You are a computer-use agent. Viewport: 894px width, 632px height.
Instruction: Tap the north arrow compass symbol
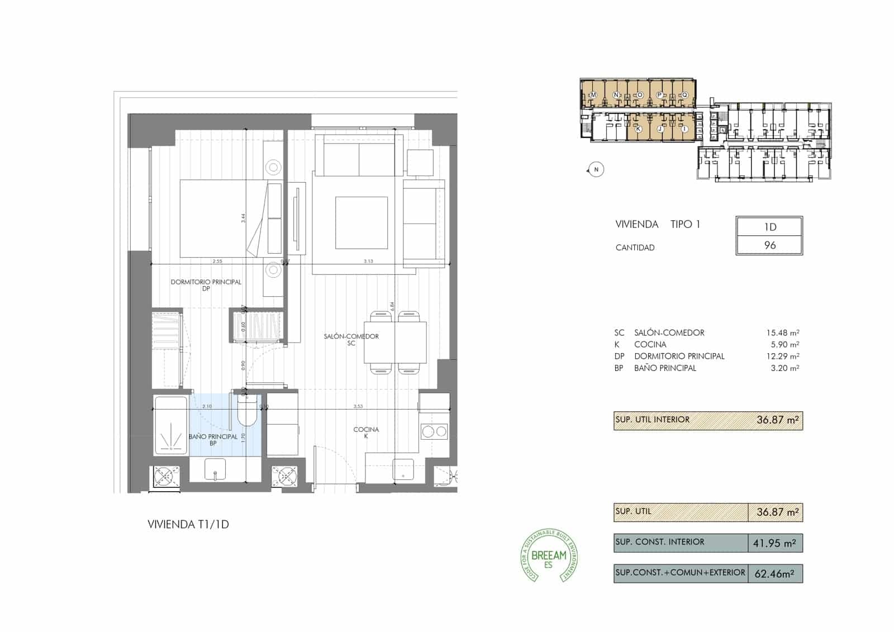pyautogui.click(x=596, y=169)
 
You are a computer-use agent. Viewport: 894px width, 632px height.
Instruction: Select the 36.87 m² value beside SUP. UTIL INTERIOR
pyautogui.click(x=777, y=420)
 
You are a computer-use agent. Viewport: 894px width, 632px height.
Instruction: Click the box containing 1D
pyautogui.click(x=769, y=227)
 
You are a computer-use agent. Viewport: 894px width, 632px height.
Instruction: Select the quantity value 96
pyautogui.click(x=769, y=245)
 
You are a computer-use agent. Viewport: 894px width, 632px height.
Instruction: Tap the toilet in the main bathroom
pyautogui.click(x=246, y=412)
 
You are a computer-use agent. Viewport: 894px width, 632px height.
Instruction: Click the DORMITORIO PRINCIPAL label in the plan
pyautogui.click(x=206, y=282)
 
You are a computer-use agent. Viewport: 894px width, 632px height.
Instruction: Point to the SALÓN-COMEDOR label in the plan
pyautogui.click(x=351, y=336)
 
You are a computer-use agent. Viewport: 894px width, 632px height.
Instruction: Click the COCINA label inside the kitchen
pyautogui.click(x=366, y=430)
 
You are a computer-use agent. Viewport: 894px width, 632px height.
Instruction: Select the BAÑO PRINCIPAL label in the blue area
pyautogui.click(x=213, y=436)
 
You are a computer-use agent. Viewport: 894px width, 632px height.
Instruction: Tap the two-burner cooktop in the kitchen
pyautogui.click(x=434, y=431)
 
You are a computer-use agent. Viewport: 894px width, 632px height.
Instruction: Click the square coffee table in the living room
pyautogui.click(x=362, y=223)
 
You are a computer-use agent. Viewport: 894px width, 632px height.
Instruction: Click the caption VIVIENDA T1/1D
pyautogui.click(x=188, y=525)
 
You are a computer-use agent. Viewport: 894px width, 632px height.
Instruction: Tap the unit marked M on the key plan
pyautogui.click(x=593, y=95)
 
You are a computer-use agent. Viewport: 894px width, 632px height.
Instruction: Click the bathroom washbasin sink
pyautogui.click(x=215, y=469)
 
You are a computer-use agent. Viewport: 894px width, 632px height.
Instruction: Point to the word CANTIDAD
pyautogui.click(x=635, y=248)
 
